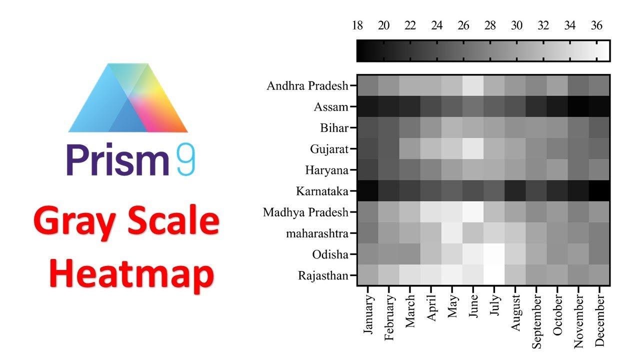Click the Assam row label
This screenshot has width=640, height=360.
(x=331, y=106)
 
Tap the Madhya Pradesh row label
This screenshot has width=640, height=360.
(x=305, y=212)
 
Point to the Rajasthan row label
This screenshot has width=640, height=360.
(x=323, y=275)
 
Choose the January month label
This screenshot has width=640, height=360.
(x=367, y=310)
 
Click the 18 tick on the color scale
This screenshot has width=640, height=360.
(x=357, y=26)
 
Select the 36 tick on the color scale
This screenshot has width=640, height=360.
(x=596, y=26)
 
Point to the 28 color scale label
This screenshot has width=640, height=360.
(x=490, y=26)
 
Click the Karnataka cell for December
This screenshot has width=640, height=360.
(x=599, y=191)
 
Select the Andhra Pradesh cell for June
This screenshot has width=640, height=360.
(x=473, y=85)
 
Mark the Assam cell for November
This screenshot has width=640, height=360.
(x=578, y=106)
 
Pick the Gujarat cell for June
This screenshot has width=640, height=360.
(x=473, y=148)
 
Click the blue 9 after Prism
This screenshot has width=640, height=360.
(x=184, y=160)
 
